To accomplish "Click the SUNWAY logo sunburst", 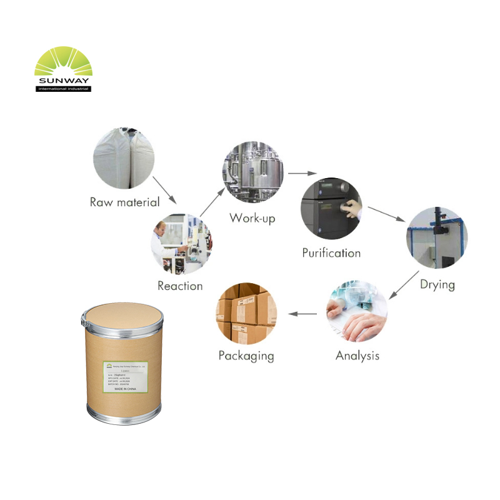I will tap(63, 62).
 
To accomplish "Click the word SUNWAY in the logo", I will tap(63, 81).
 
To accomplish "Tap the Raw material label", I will tap(125, 202).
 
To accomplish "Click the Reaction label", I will tap(180, 286).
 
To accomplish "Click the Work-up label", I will tap(252, 218).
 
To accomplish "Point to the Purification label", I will tap(331, 253).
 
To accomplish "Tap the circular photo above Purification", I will tap(331, 208).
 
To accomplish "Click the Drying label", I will tap(437, 284).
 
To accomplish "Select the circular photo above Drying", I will tap(437, 238).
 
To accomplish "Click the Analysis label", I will tap(357, 356).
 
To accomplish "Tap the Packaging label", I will tap(246, 356).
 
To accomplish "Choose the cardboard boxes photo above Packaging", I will tap(246, 312).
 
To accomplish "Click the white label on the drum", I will tap(125, 377).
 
